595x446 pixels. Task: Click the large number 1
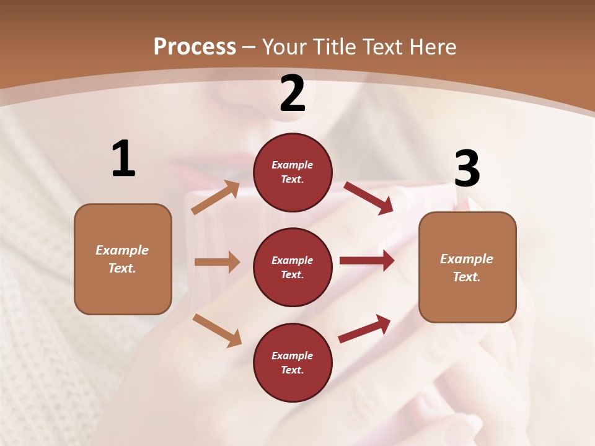(x=123, y=159)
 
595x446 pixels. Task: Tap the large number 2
(x=293, y=94)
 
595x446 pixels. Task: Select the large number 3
(x=467, y=169)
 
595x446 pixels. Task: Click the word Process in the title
(x=195, y=46)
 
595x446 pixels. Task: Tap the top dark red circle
(x=293, y=172)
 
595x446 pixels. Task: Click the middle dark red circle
(x=293, y=268)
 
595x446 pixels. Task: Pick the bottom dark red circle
(x=293, y=363)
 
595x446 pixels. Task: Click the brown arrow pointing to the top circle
(x=216, y=198)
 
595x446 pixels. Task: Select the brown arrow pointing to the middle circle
(x=217, y=262)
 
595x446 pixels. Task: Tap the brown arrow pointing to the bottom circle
(x=217, y=330)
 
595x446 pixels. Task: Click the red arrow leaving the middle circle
(x=367, y=261)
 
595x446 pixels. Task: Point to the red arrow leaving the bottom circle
(x=364, y=328)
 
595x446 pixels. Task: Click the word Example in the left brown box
(x=122, y=250)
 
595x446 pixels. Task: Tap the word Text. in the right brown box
(x=467, y=277)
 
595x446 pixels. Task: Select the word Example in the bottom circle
(x=293, y=356)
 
